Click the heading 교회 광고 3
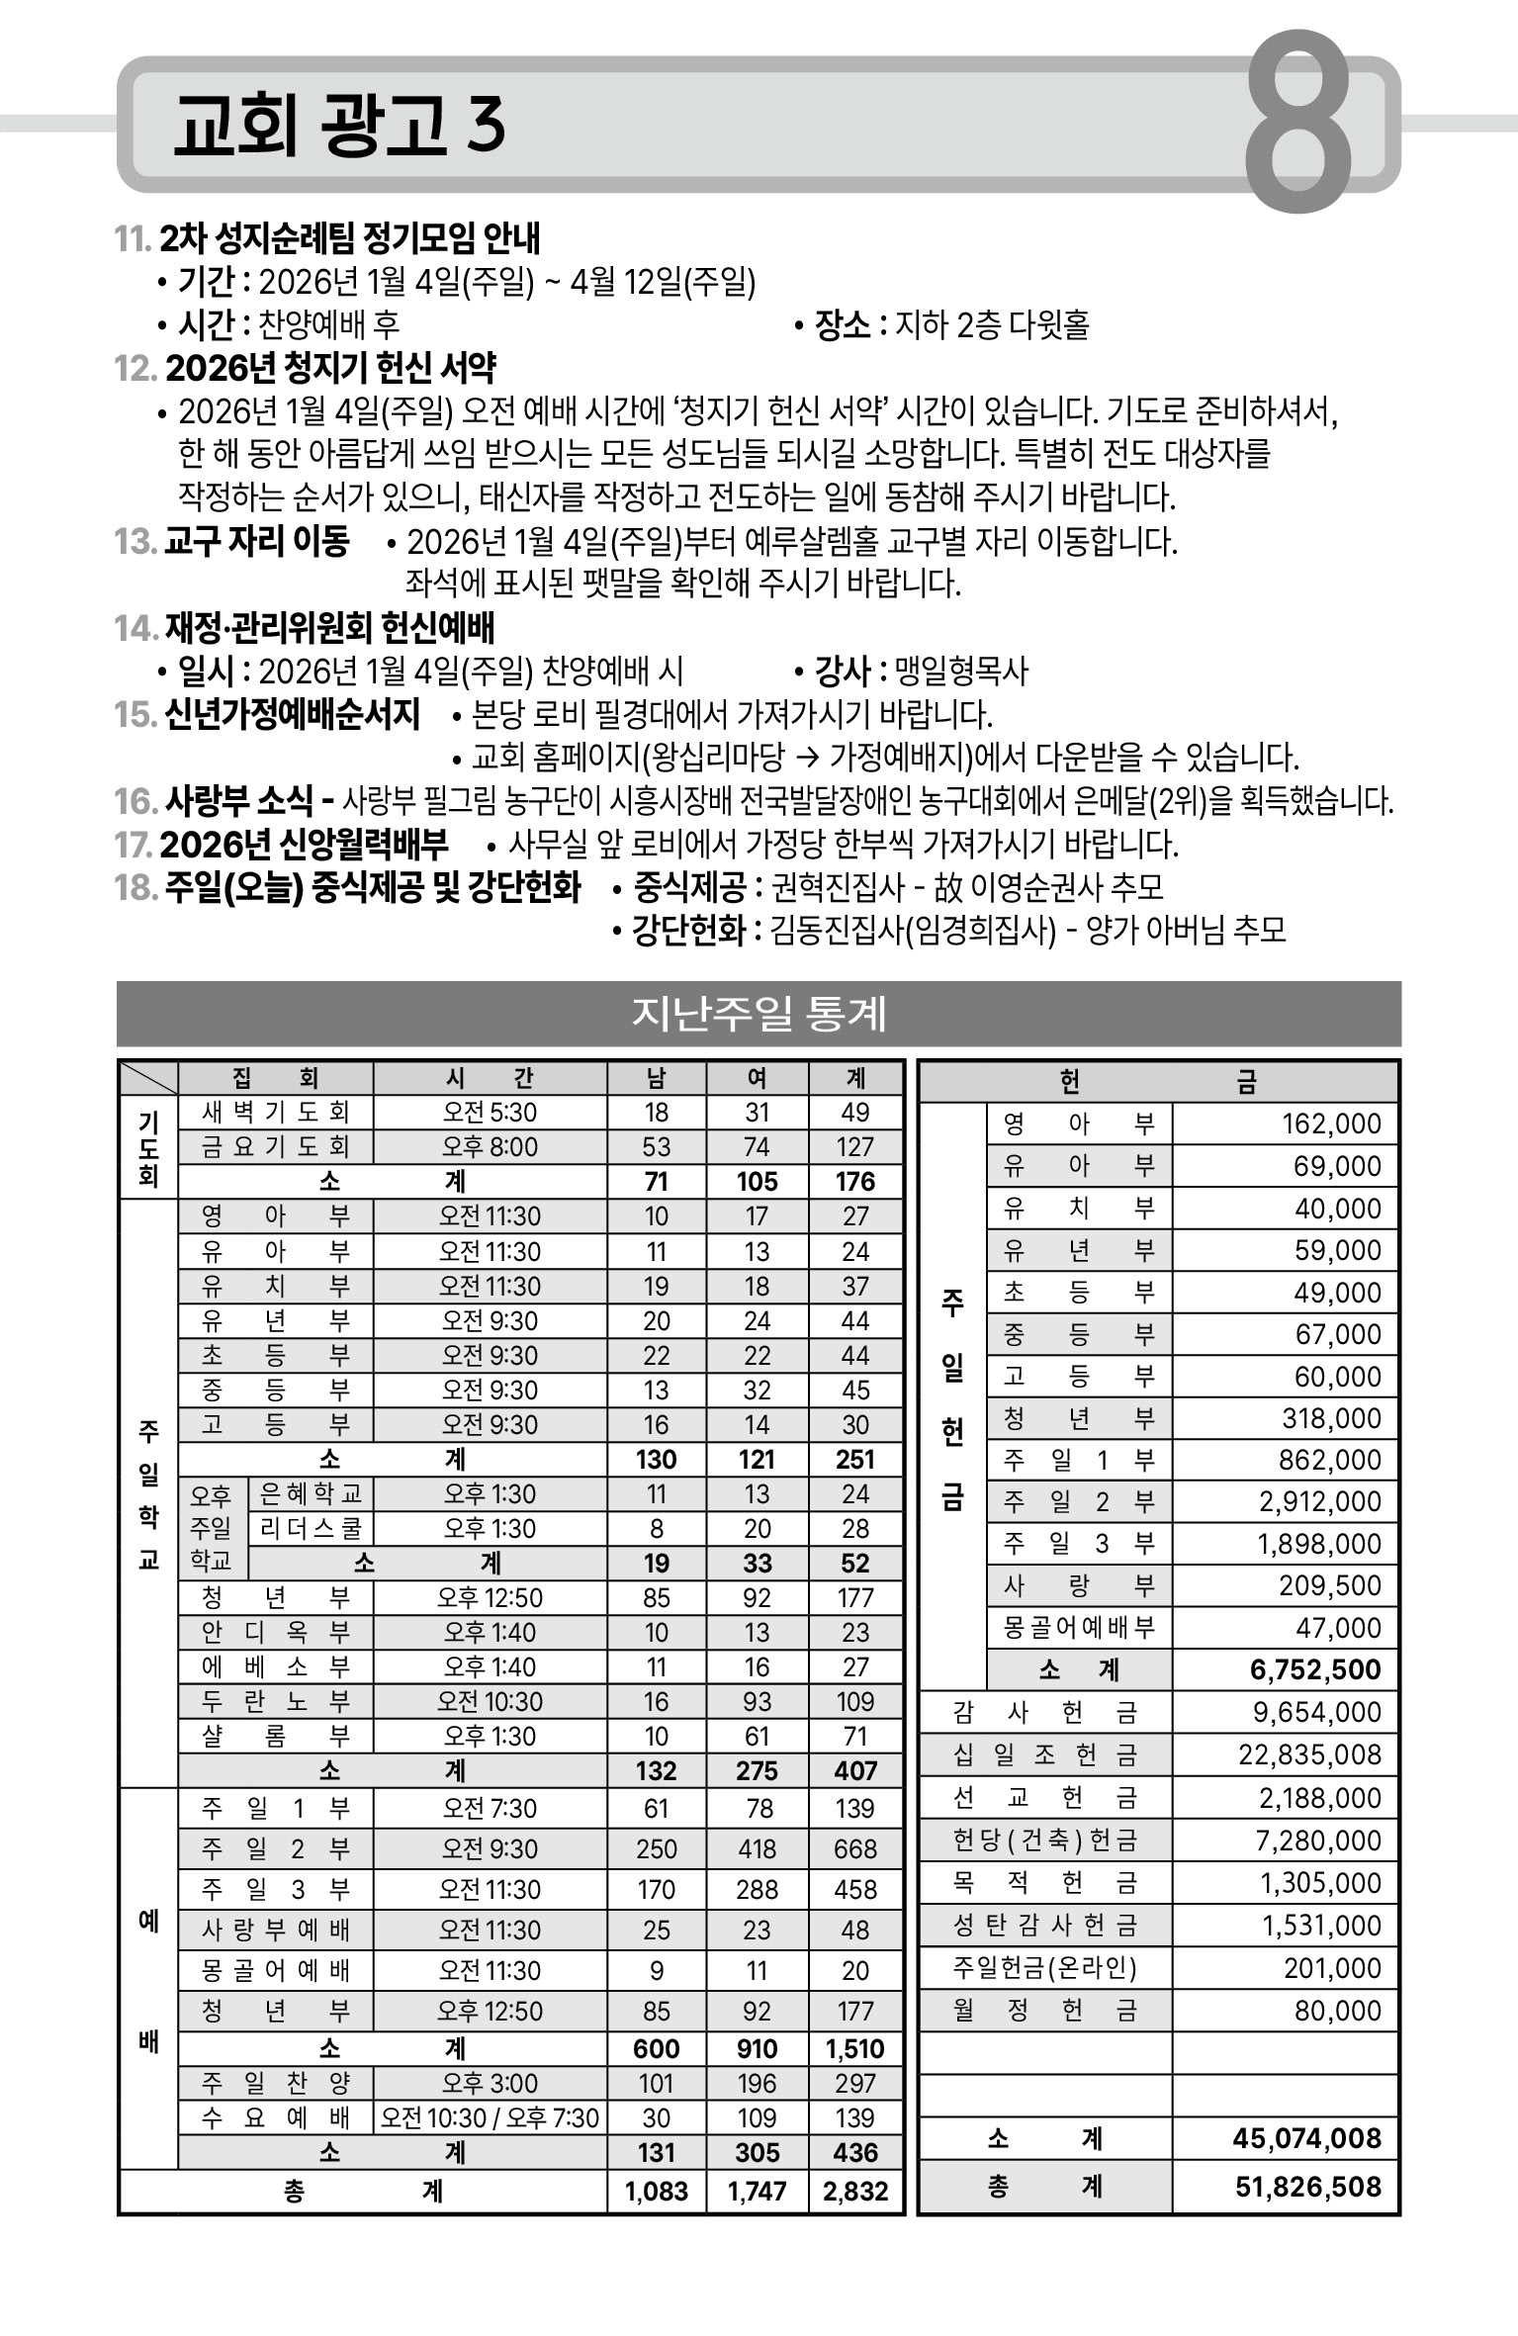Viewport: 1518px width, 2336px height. pyautogui.click(x=339, y=127)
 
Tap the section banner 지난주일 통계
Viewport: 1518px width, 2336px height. pyautogui.click(x=759, y=1014)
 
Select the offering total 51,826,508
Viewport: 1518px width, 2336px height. pyautogui.click(x=1307, y=2187)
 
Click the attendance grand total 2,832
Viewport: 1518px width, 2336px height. pyautogui.click(x=855, y=2191)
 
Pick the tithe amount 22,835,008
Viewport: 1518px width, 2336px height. pyautogui.click(x=1309, y=1754)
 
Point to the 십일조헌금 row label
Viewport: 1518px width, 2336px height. pyautogui.click(x=1045, y=1755)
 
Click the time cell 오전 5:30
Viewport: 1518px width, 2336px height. pyautogui.click(x=490, y=1113)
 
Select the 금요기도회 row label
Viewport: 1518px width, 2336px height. pyautogui.click(x=275, y=1147)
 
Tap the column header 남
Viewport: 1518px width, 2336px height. pyautogui.click(x=657, y=1078)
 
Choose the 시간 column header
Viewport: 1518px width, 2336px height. pyautogui.click(x=490, y=1078)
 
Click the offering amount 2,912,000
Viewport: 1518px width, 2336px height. pyautogui.click(x=1319, y=1502)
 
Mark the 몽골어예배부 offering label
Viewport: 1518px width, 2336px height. pyautogui.click(x=1079, y=1628)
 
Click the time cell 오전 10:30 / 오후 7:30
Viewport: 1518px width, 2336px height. pyautogui.click(x=490, y=2117)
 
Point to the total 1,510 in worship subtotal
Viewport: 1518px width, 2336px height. pyautogui.click(x=855, y=2048)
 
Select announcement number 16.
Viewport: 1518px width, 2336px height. pyautogui.click(x=135, y=801)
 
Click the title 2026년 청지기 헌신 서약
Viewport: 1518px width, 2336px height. pyautogui.click(x=330, y=368)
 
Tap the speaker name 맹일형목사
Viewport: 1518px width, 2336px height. pyautogui.click(x=961, y=672)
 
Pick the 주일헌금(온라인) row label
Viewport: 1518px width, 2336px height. pyautogui.click(x=1045, y=1968)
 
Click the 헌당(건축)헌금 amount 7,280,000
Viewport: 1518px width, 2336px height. pyautogui.click(x=1319, y=1841)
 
